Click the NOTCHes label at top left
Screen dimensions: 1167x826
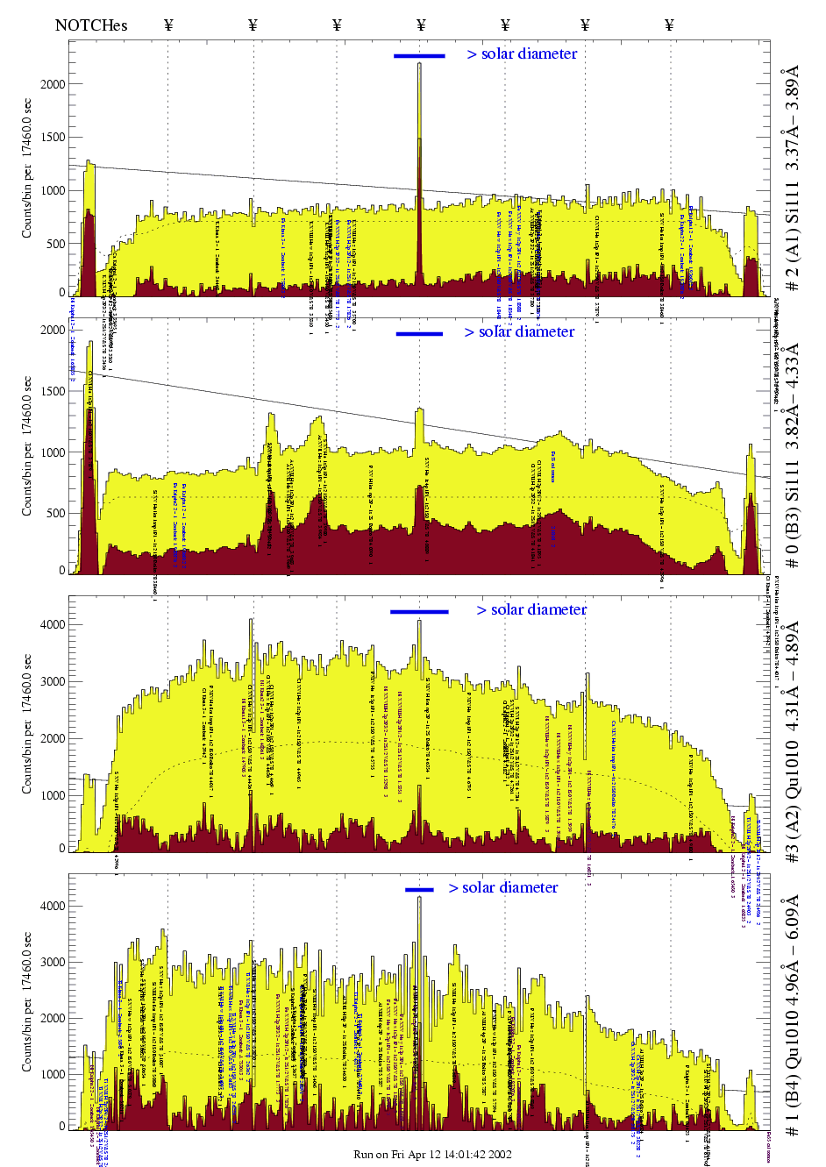[91, 25]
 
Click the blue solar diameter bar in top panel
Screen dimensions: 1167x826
[419, 56]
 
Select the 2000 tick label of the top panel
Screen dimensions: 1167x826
[53, 84]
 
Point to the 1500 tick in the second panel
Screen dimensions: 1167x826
[53, 391]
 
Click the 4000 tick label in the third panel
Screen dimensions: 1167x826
[53, 625]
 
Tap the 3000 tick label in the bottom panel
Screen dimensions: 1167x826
[53, 962]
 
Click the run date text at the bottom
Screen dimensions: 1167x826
[432, 1154]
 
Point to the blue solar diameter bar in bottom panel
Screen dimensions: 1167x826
[419, 890]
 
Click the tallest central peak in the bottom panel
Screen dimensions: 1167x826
[419, 903]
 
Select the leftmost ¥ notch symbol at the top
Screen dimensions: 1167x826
[168, 25]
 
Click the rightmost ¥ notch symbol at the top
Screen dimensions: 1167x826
[669, 25]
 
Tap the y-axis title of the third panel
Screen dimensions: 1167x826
[27, 723]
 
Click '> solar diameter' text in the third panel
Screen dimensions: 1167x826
[531, 609]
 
